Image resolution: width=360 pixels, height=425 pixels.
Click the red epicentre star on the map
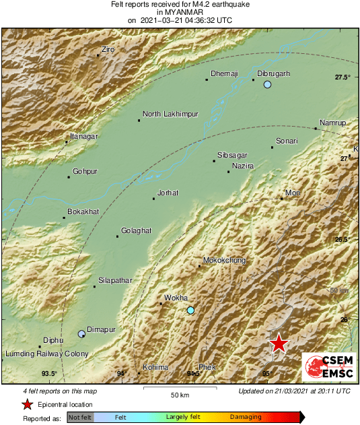(279, 344)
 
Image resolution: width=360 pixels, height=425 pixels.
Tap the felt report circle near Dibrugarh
(267, 85)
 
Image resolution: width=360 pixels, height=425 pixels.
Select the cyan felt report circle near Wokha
(190, 310)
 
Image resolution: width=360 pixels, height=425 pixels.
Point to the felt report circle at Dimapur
(81, 333)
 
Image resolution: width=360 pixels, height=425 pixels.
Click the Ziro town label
(108, 50)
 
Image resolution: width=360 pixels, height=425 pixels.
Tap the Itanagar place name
(84, 137)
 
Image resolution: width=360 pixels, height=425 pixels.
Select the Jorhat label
(168, 193)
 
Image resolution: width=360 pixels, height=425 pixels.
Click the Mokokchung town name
(224, 261)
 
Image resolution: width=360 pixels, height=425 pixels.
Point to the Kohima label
(155, 367)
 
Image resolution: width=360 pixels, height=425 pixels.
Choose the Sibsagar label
(233, 154)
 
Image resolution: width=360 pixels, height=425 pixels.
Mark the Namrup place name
(332, 123)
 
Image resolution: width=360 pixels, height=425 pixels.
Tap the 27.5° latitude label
(343, 77)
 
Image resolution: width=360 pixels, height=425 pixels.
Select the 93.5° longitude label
(48, 373)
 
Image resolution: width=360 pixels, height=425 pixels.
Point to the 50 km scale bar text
(179, 394)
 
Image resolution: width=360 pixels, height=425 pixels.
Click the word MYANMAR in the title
(180, 12)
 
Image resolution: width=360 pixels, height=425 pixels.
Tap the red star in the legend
(27, 405)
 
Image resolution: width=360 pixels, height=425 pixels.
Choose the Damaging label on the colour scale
(246, 418)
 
